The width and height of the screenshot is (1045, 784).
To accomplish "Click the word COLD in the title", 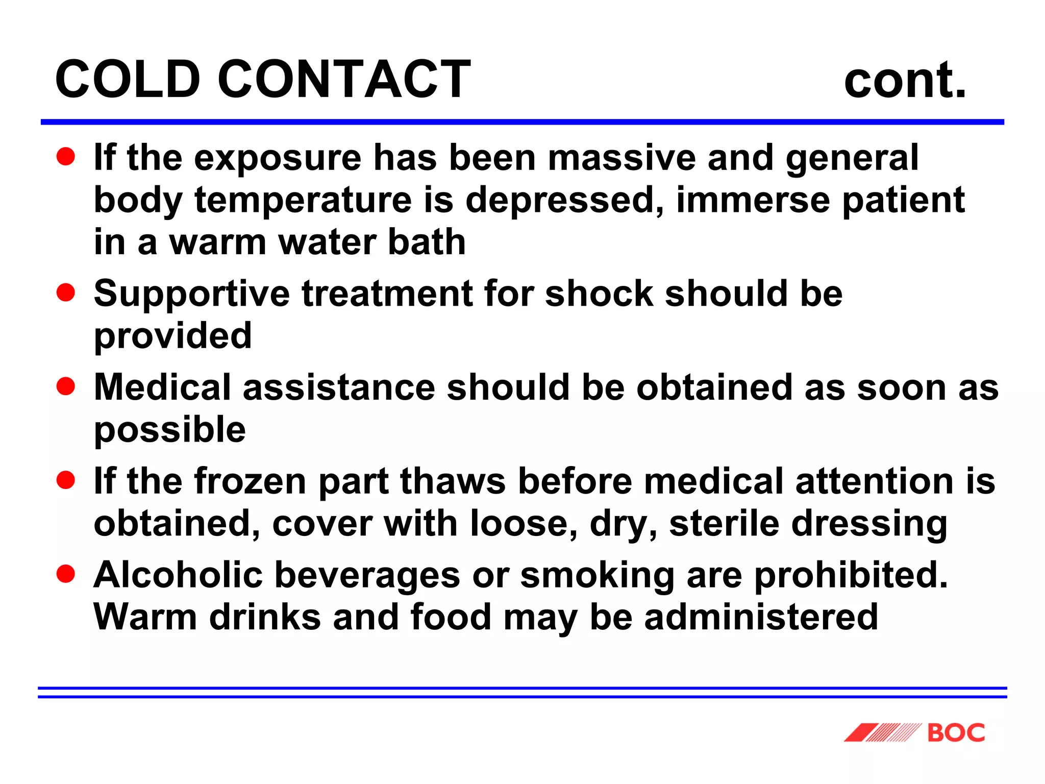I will coord(128,79).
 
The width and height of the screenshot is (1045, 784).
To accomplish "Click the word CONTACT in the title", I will coord(344,79).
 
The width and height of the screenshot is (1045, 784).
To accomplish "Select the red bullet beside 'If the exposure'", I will coord(66,157).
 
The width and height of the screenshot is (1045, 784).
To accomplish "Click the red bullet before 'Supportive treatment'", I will coord(66,293).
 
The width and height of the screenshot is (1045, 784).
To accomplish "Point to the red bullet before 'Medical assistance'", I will coord(66,386).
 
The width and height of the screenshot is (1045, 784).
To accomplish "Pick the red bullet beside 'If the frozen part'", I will coord(66,480).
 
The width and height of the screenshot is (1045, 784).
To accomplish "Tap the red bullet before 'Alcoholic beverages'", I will coord(66,574).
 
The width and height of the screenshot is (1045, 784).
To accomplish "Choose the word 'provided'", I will coord(173,337).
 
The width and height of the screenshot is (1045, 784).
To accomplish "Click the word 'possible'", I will coord(170,430).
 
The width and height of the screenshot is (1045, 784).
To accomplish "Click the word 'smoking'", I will coord(598,575).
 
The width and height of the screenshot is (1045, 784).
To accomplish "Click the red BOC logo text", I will coord(956,733).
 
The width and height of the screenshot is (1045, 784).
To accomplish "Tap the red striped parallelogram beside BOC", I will coord(883,732).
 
